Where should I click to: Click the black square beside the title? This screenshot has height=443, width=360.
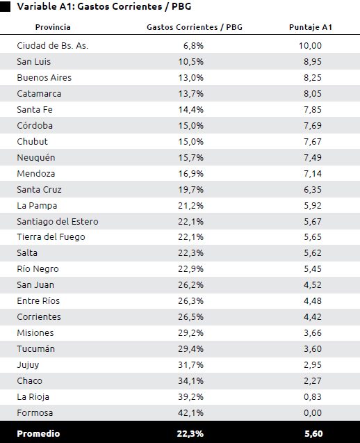tap(5, 6)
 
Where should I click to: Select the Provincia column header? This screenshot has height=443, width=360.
tap(53, 27)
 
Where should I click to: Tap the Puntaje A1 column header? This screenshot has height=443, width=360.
tap(310, 27)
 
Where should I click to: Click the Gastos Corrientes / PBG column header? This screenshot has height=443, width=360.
tap(195, 27)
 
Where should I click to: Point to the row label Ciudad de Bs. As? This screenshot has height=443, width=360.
tap(53, 45)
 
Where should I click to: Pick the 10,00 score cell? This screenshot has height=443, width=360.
tap(310, 45)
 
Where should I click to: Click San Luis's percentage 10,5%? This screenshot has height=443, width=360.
tap(190, 62)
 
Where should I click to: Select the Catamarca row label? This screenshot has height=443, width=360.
tap(39, 93)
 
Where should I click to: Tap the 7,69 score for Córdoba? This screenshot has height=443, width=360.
tap(313, 125)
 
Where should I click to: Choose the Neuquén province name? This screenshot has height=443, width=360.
tap(36, 157)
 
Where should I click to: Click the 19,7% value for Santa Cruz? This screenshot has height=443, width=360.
tap(190, 190)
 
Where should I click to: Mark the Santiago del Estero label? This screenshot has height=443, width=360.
tap(58, 221)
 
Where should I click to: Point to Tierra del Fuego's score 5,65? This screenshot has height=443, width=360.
tap(313, 236)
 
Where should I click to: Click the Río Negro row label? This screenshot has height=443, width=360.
tap(38, 268)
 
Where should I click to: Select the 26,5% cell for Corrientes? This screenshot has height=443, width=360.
tap(190, 316)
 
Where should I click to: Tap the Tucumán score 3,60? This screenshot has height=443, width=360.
tap(313, 348)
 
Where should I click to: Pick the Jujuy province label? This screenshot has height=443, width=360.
tap(28, 365)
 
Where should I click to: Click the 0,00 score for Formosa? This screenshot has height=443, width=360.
tap(313, 413)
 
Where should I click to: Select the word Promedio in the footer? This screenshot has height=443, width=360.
tap(38, 434)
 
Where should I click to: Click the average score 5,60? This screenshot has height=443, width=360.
tap(313, 434)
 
